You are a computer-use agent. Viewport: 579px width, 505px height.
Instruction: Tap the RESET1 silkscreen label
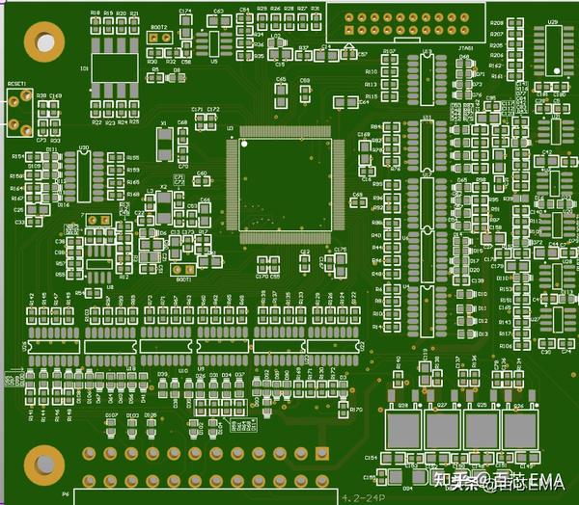coord(16,84)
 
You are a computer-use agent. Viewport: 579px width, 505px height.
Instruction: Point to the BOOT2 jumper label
coord(158,28)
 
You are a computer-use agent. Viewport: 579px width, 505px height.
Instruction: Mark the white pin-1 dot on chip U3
coord(245,145)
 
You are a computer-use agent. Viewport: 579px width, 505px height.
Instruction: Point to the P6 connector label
coord(66,493)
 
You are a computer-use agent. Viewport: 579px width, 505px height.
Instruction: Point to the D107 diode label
coord(111,415)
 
